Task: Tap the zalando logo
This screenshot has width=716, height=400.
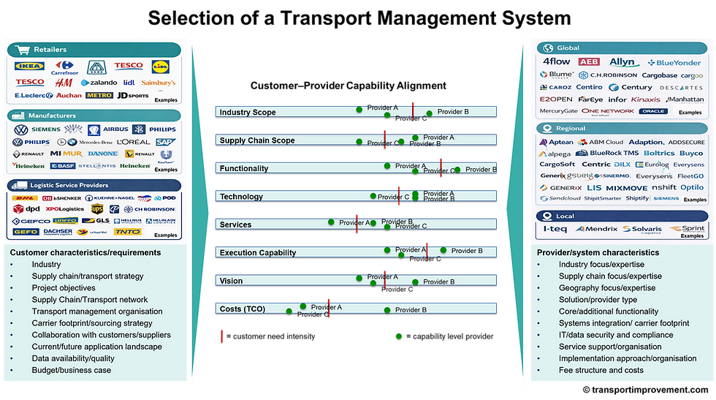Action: coord(99,83)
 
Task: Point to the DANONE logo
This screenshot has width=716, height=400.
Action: coord(102,154)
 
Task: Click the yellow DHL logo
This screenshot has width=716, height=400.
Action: coord(25,198)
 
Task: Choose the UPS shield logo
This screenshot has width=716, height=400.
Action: coord(97,209)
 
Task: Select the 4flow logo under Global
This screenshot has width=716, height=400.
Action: coord(556,62)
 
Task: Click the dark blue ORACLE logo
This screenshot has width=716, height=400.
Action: coord(653,111)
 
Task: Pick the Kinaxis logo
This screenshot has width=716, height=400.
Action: coord(646,99)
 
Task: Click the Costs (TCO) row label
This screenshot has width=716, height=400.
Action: coord(242,309)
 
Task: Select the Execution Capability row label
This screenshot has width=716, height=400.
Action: coord(258,253)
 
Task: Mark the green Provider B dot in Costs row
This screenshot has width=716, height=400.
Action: coord(387,310)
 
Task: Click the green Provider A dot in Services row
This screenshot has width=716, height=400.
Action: coord(331,222)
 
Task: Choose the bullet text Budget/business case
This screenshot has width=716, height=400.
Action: coord(72,370)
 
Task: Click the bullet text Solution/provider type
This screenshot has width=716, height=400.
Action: coord(598,300)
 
